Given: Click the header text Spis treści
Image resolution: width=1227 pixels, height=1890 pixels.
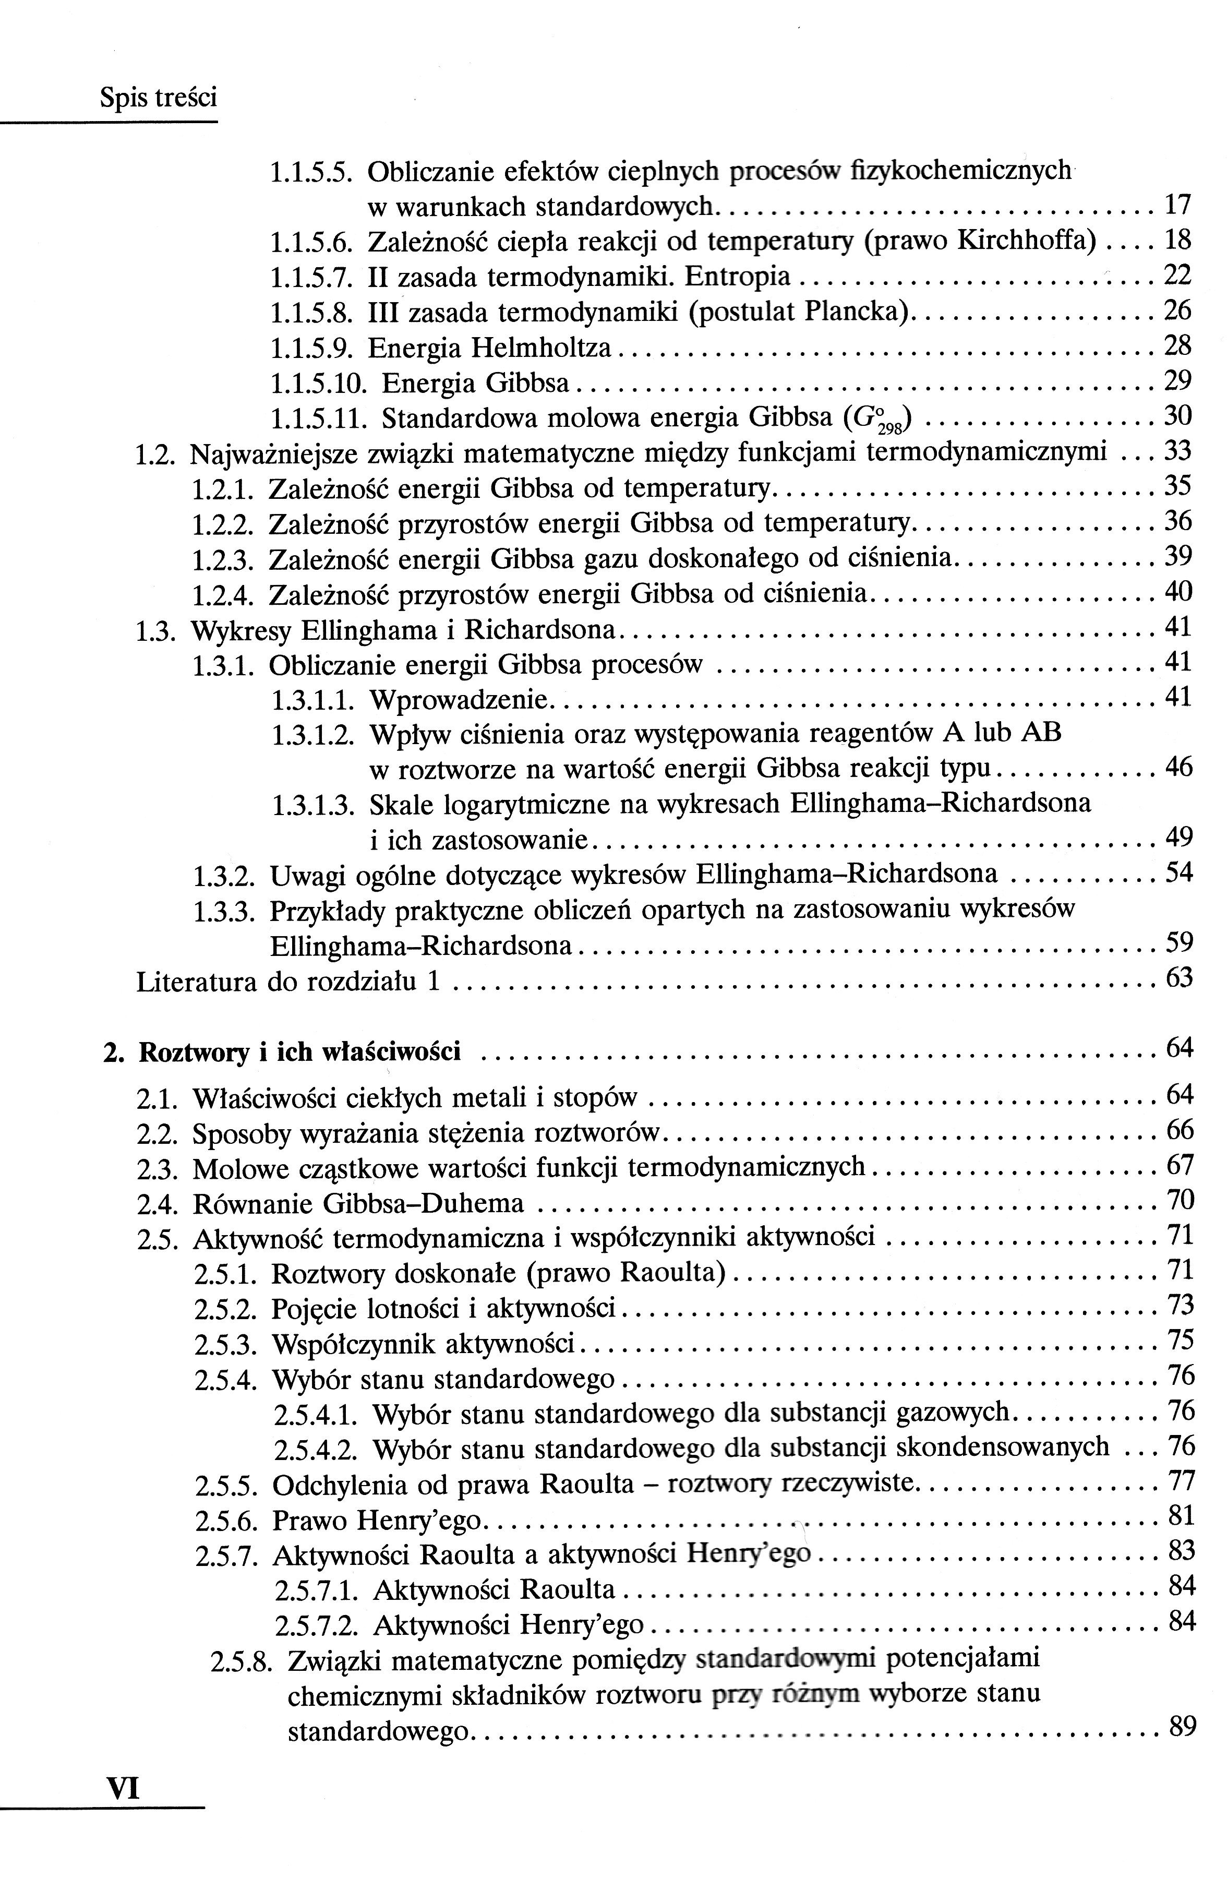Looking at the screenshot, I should pyautogui.click(x=159, y=98).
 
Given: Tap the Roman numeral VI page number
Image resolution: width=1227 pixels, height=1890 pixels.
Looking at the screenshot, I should pyautogui.click(x=123, y=1789).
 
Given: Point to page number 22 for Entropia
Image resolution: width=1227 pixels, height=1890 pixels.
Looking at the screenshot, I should pyautogui.click(x=1177, y=275).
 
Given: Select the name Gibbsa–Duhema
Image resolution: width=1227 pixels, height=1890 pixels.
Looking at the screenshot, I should pyautogui.click(x=423, y=1204).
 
